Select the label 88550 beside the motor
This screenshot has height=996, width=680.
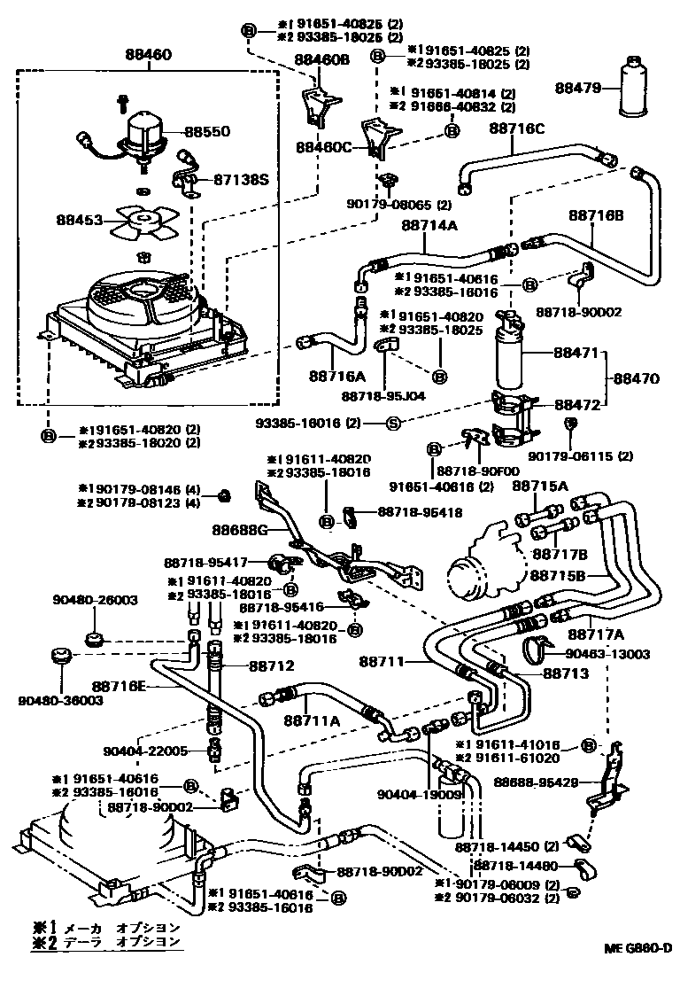207,131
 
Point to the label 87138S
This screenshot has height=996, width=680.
240,178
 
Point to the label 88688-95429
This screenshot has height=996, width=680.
537,782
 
